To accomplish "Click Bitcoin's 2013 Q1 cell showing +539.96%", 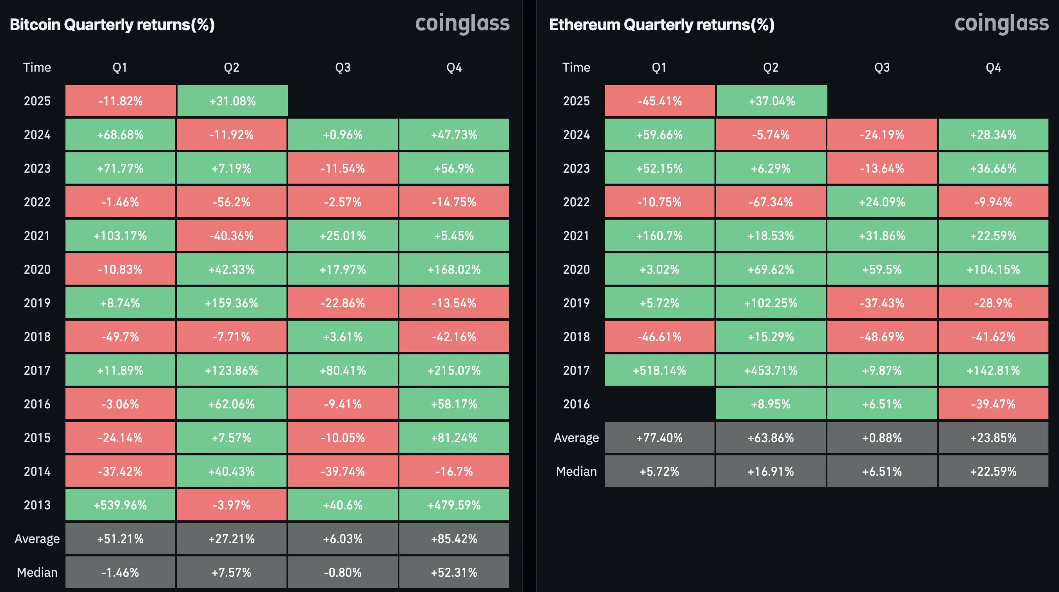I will (120, 505).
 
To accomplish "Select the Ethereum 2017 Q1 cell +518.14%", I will (659, 370).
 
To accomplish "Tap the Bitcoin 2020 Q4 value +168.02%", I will (454, 269).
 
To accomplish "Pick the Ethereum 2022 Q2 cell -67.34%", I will (771, 202).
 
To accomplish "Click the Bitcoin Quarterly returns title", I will (112, 25).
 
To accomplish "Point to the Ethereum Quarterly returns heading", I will (662, 25).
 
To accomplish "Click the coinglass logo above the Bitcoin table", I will (462, 23).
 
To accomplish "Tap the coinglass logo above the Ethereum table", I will (1001, 23).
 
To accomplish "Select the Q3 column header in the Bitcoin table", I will (343, 67).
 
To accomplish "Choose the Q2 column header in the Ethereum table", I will (771, 67).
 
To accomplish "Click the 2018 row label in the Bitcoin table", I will (37, 336).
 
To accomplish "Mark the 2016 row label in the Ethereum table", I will (576, 404).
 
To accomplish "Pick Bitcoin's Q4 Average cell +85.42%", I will (454, 539).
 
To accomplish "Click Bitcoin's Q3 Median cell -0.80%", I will (343, 572).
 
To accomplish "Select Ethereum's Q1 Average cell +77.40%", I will (659, 437).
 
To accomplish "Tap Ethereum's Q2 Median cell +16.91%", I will (771, 471).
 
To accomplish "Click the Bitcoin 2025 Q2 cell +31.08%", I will (232, 101).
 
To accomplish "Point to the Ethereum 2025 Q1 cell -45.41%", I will (659, 101).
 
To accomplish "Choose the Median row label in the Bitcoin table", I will (37, 572).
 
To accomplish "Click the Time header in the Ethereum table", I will (576, 67).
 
